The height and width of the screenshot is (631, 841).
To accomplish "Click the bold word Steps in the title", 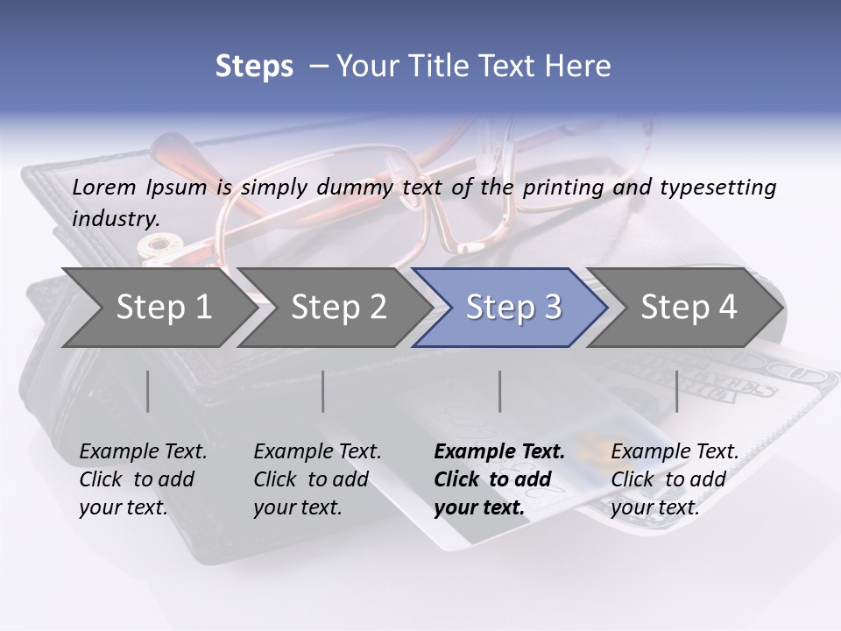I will coord(254,66).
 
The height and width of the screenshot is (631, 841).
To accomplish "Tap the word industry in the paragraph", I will coord(116,219).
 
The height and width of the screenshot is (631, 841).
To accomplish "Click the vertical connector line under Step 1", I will coord(147,391).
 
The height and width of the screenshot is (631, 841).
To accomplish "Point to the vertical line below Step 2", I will coord(323,391).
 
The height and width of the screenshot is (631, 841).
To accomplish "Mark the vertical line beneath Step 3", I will coord(500,391).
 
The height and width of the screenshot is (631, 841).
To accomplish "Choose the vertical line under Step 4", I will coord(677,391).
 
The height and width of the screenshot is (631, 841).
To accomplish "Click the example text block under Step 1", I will coord(143,479).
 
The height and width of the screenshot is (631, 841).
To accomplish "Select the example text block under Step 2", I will coord(317,479).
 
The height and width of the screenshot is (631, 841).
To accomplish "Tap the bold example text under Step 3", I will coord(499,479).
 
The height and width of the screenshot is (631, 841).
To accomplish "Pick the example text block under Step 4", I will coord(675,479).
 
